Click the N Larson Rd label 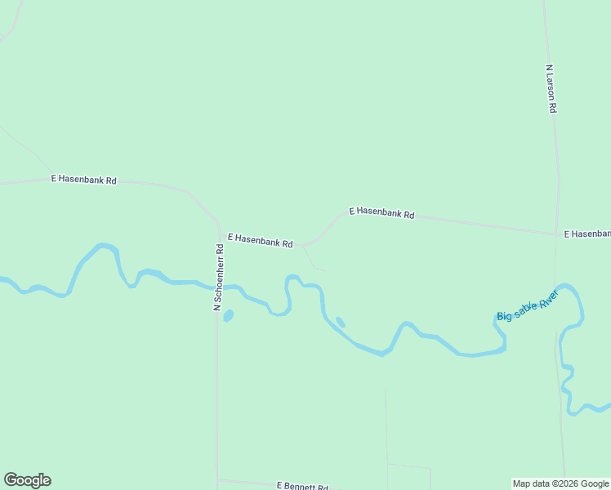click(551, 89)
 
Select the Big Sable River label click(527, 305)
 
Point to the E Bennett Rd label click(301, 486)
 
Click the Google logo click(27, 480)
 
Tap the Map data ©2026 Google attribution click(561, 483)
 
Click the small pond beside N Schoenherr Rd click(228, 315)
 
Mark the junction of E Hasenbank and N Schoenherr click(219, 234)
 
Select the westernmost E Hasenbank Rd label click(83, 179)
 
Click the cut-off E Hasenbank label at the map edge click(587, 234)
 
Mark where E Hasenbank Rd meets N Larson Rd click(557, 234)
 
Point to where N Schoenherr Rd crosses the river click(218, 287)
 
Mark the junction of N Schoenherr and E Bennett click(217, 480)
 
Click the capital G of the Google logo click(11, 480)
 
